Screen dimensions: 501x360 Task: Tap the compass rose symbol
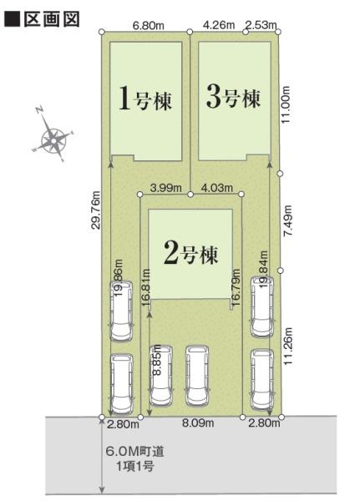pos(52,138)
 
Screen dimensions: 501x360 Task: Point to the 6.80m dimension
pos(149,26)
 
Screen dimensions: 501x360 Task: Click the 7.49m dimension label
pos(288,221)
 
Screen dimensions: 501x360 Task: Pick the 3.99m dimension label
pos(166,188)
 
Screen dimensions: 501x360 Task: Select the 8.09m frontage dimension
pos(198,424)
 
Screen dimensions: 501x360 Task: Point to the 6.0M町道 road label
pos(134,451)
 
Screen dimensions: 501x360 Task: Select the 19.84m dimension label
pos(263,271)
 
